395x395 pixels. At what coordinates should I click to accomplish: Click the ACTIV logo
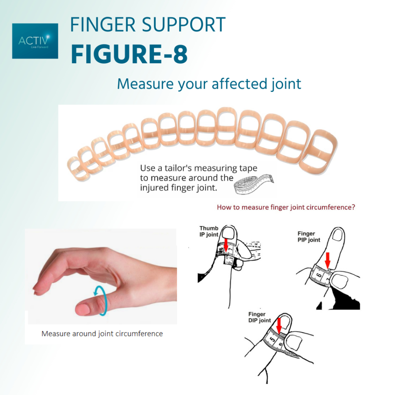[x=35, y=41]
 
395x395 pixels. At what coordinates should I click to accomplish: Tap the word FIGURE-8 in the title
[x=129, y=54]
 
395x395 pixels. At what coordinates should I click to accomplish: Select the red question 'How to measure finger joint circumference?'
[x=285, y=207]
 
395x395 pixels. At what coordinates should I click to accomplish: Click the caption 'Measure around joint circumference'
[x=102, y=334]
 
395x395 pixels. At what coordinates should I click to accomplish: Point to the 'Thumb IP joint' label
[x=209, y=231]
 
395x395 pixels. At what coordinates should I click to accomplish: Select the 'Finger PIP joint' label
[x=309, y=236]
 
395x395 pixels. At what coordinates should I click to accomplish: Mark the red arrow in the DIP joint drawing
[x=279, y=326]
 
